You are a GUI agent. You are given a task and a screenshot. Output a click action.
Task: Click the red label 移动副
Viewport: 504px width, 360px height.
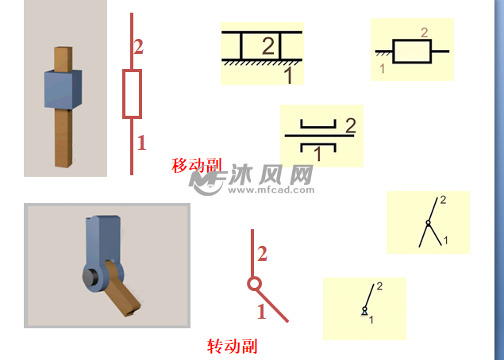197,166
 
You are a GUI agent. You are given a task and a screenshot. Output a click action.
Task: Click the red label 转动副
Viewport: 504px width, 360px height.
232,347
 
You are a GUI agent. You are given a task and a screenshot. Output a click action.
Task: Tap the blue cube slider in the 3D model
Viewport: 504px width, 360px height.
63,89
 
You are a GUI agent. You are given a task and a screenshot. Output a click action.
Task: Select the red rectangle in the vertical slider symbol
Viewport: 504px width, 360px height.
132,94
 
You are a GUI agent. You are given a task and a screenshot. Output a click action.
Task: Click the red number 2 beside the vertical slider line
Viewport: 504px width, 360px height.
139,47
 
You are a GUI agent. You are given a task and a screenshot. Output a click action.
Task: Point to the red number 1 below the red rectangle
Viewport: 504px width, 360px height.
141,143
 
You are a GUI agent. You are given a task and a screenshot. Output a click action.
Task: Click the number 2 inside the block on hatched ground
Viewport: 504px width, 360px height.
268,46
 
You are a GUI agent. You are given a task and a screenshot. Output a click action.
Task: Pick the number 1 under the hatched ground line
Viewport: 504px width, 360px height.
288,75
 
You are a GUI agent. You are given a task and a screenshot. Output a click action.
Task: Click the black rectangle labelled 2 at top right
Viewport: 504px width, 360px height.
412,51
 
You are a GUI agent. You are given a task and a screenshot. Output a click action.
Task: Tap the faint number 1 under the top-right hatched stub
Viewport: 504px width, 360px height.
383,68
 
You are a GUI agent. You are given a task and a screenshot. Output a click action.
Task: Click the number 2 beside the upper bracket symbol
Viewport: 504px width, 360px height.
351,125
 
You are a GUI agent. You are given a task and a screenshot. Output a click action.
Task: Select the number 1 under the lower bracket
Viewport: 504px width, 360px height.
317,154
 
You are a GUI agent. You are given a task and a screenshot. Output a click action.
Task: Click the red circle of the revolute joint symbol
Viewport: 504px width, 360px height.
254,284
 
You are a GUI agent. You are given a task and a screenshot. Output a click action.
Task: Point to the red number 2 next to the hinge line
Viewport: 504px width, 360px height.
262,254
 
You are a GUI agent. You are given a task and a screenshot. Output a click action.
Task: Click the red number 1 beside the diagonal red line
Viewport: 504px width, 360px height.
262,312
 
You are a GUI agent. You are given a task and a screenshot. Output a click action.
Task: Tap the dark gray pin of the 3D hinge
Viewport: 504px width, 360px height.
90,278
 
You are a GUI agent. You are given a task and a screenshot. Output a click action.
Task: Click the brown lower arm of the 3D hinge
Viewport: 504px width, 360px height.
122,289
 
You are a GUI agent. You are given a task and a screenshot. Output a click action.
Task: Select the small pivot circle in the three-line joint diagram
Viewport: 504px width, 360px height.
428,223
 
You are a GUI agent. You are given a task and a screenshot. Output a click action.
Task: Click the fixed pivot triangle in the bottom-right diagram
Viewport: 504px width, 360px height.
364,312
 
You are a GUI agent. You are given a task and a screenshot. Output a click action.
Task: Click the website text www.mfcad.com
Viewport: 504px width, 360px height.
271,190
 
